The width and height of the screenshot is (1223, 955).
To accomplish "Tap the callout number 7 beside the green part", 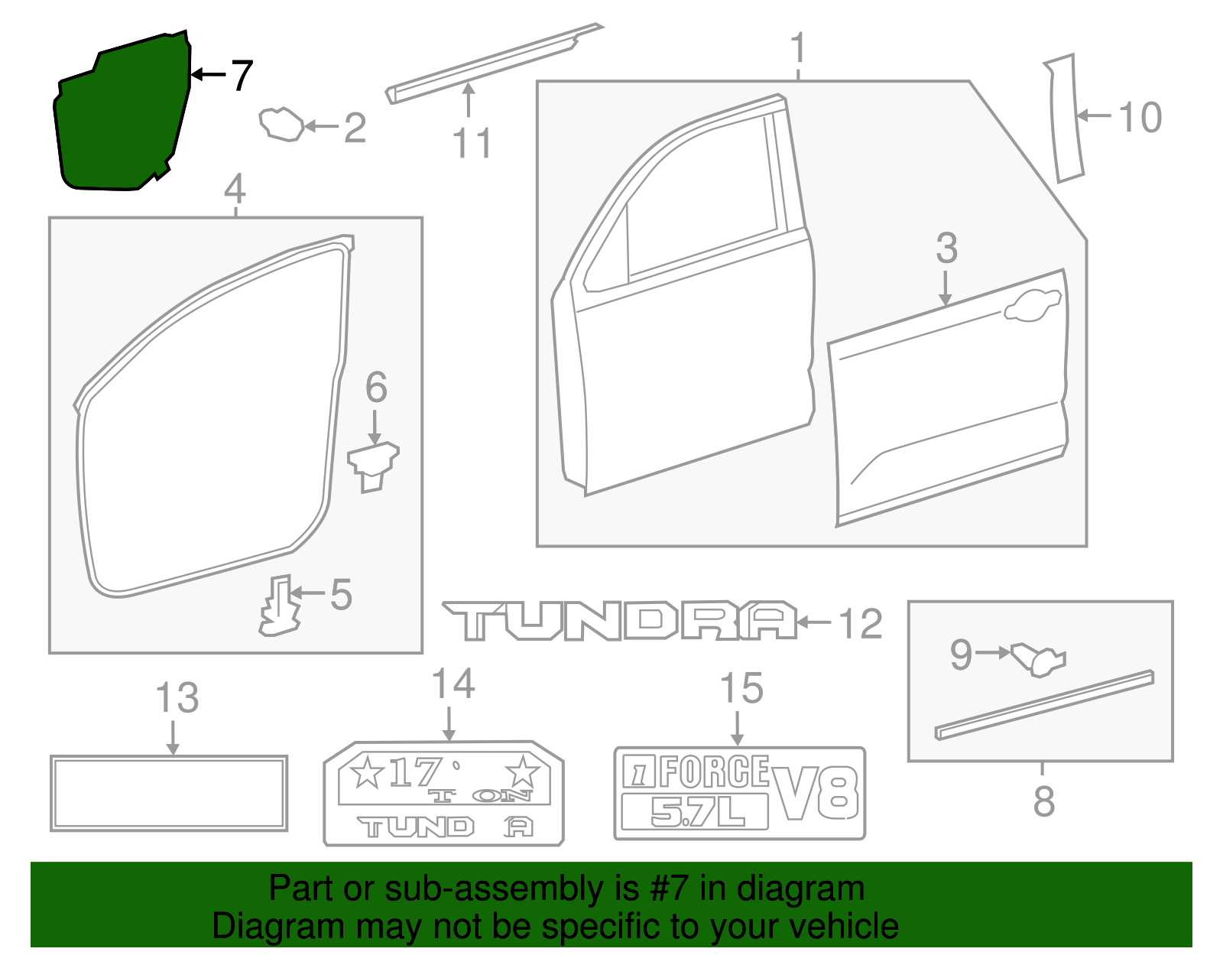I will pos(242,75).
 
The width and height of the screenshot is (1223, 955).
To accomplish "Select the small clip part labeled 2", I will pos(281,124).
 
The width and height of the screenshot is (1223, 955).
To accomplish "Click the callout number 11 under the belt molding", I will pos(471,143).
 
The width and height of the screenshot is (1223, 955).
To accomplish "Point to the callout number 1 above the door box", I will pos(798,48).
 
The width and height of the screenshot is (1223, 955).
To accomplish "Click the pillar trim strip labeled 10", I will pos(1065,119).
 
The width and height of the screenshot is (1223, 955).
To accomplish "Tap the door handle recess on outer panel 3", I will pos(1032,306).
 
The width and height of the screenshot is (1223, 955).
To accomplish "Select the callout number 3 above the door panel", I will pos(946,248).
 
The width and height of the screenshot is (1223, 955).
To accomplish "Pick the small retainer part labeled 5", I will pos(279,606).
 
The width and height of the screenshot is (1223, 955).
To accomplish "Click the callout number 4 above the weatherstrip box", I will pos(235,189).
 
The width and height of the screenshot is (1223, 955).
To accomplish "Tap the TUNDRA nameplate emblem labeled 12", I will pos(619,621).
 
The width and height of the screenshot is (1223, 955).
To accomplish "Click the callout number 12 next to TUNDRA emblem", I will pos(861,624).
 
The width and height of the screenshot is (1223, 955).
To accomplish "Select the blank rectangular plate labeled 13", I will pos(169,793).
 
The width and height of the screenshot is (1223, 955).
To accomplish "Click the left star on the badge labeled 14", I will pos(367,772).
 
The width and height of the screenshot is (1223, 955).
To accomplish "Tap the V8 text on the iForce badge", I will pos(815,793).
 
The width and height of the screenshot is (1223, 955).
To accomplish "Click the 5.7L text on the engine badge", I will pos(696,813).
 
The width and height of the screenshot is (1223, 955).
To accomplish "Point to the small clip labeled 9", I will pos(1037,659).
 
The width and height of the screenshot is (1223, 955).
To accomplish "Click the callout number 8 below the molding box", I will pos(1043,801).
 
